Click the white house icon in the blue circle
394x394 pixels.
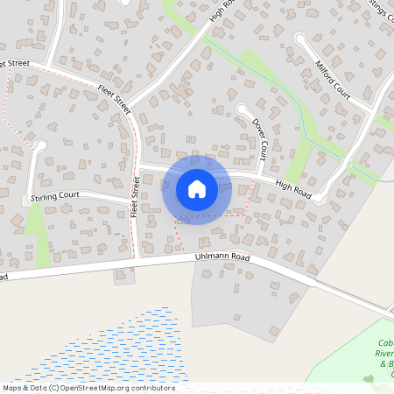pyautogui.click(x=196, y=189)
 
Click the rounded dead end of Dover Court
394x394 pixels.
pyautogui.click(x=242, y=109)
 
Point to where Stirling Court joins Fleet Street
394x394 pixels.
pyautogui.click(x=134, y=203)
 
